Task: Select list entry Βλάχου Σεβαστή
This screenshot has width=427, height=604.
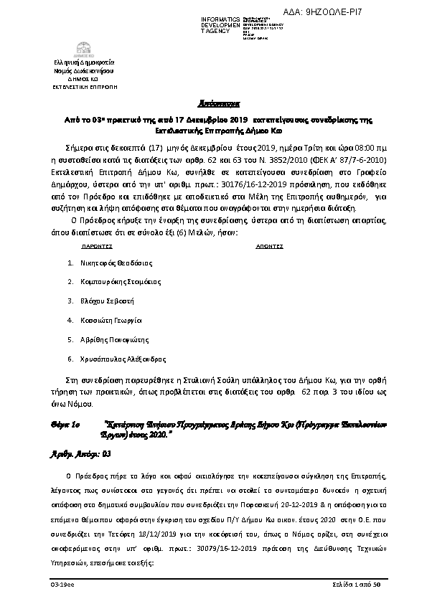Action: tap(106, 301)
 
